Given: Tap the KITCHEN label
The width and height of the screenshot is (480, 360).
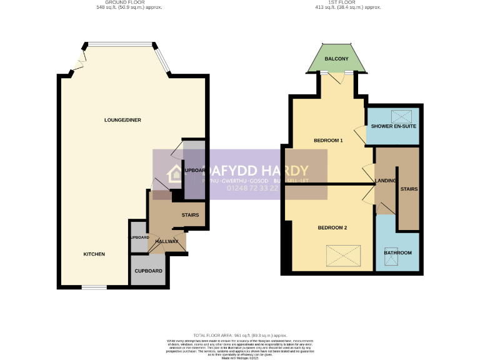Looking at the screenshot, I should click(x=94, y=254).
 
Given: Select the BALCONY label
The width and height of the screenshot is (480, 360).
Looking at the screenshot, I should click(x=336, y=59).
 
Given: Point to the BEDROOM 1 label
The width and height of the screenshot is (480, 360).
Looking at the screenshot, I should click(x=328, y=141).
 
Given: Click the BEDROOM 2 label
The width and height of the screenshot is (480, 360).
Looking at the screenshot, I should click(x=332, y=227).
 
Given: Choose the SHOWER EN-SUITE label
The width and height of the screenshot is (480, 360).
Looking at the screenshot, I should click(x=394, y=127).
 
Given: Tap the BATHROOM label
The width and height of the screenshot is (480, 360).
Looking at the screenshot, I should click(x=398, y=252).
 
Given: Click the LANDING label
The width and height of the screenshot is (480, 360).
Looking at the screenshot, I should click(x=385, y=181).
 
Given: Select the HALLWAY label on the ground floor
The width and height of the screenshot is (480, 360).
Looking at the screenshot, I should click(x=167, y=242).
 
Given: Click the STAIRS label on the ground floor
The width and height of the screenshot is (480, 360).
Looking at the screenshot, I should click(x=190, y=216).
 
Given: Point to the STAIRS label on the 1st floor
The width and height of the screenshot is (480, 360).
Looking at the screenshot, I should click(x=409, y=189).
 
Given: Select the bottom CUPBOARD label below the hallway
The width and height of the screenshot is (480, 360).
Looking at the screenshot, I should click(x=149, y=271).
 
